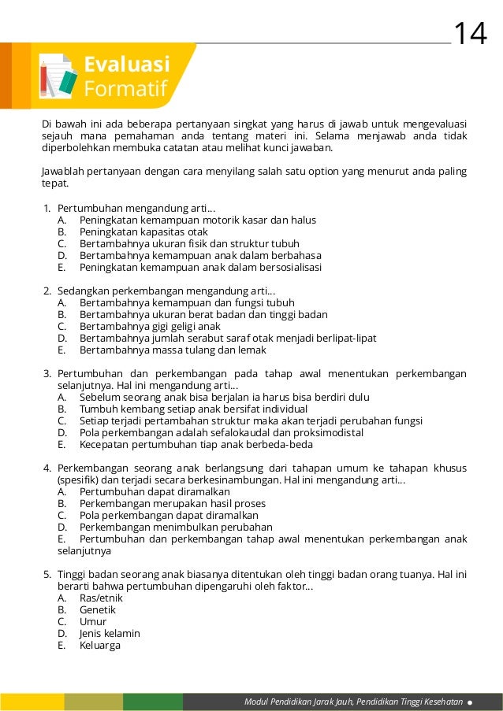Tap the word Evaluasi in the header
click(127, 64)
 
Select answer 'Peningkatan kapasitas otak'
click(143, 232)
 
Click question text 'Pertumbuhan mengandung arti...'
click(136, 209)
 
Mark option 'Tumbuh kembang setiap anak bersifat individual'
click(193, 409)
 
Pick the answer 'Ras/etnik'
click(101, 598)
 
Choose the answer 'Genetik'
click(98, 609)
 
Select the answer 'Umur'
click(93, 621)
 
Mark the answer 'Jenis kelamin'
click(110, 633)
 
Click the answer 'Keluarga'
click(100, 645)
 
